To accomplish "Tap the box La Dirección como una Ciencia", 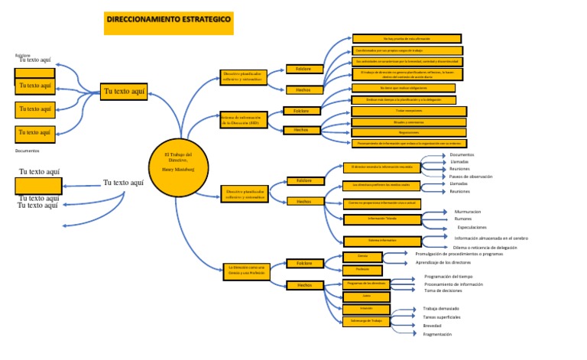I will point(246,270).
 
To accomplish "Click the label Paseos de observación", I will point(471,177).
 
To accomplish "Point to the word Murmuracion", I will point(467,211).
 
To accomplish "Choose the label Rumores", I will point(463,219).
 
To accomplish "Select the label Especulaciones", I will point(472,228).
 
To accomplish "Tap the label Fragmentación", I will point(437,334).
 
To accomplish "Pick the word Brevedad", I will point(432,326).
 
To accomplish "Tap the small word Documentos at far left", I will point(27,151).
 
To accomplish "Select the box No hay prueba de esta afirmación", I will point(407,38).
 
